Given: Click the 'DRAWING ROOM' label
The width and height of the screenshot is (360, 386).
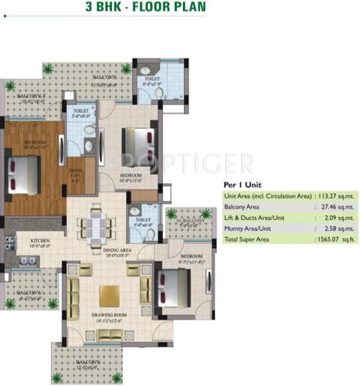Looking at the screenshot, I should pyautogui.click(x=110, y=320).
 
